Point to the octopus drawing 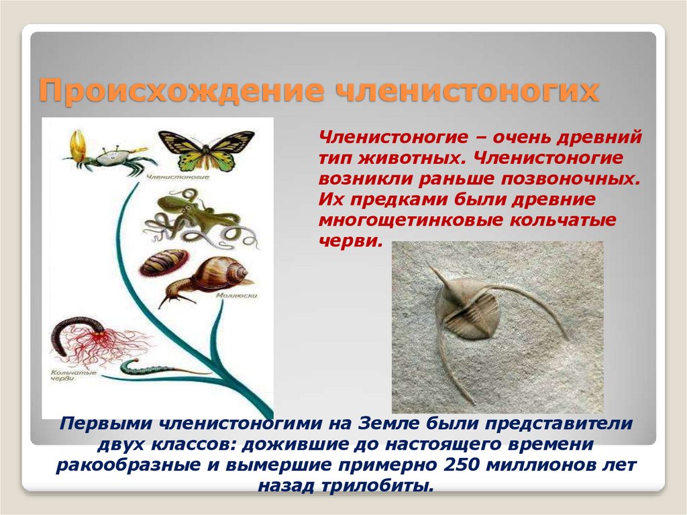197,217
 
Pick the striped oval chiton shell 164,262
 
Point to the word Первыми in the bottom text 104,424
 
